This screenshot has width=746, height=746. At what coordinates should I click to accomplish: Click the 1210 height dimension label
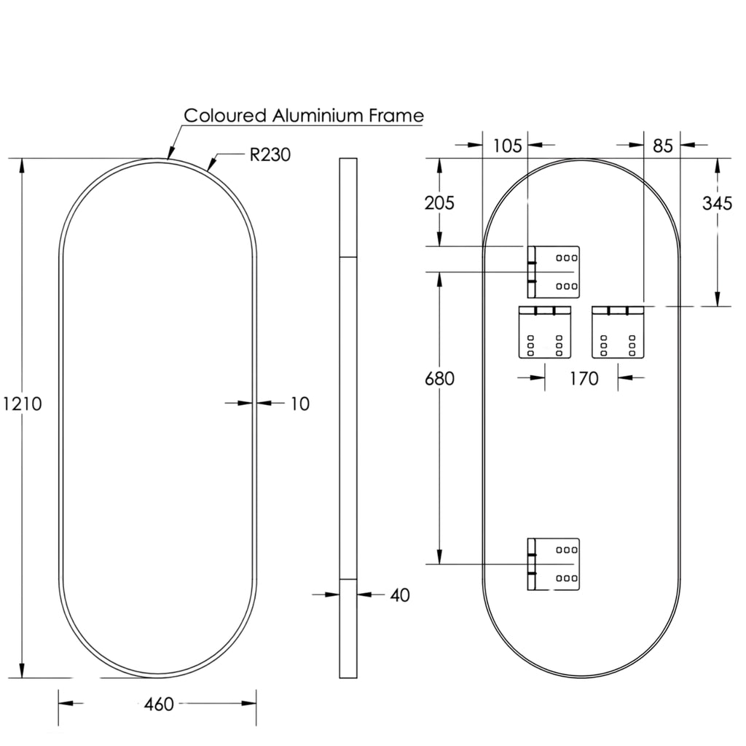click(x=23, y=404)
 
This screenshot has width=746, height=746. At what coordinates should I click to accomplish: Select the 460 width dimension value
click(x=159, y=704)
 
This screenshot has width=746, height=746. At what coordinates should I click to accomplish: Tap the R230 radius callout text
click(x=270, y=154)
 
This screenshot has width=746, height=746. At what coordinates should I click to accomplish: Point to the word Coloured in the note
click(x=225, y=116)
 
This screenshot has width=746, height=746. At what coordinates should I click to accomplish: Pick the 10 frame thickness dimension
click(x=299, y=404)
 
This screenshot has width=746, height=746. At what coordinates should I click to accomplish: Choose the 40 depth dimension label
click(x=400, y=595)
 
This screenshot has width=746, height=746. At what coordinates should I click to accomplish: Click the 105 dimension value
click(x=507, y=146)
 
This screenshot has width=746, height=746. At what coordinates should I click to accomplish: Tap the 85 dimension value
click(x=663, y=146)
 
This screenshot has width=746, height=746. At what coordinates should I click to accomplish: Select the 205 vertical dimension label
click(x=439, y=203)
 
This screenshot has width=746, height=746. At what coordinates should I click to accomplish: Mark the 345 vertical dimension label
click(x=717, y=204)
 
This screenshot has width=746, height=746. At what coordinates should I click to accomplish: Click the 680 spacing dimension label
click(x=439, y=379)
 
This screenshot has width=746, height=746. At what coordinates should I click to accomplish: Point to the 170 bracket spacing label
click(x=584, y=379)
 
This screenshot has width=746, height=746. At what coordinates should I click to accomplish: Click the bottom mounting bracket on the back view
click(x=554, y=565)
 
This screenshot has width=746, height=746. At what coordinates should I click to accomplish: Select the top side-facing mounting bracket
click(x=554, y=272)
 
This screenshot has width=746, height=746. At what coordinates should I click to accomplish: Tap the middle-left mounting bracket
click(x=545, y=332)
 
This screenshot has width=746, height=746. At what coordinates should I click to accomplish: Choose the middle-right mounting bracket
click(x=618, y=332)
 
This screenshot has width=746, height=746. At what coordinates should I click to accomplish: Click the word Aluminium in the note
click(x=318, y=116)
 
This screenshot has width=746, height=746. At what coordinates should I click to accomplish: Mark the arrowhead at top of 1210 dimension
click(x=21, y=166)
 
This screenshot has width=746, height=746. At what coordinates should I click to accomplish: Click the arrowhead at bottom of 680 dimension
click(x=439, y=557)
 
